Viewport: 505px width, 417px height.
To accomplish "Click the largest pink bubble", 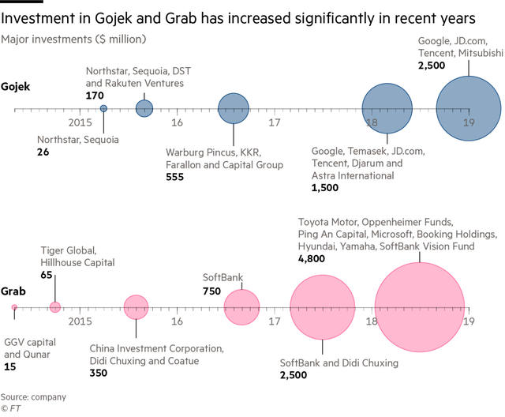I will point(419,307).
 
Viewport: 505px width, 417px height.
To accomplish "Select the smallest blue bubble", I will point(103,107).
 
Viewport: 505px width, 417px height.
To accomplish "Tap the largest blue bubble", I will point(469,108).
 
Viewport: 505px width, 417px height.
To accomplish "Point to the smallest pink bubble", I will point(14,307).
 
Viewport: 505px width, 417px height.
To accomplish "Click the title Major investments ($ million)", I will point(74,39).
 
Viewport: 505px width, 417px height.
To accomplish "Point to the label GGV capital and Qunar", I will point(28,348).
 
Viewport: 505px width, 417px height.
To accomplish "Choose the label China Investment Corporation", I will point(156,348).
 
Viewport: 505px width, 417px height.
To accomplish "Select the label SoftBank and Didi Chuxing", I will point(339,363).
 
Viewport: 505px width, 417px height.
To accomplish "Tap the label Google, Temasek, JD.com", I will point(368,150).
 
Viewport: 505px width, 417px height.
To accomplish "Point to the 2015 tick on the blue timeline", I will point(80,122).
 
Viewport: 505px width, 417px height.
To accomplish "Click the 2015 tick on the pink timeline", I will point(80,321).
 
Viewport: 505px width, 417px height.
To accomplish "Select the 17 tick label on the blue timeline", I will point(274,122).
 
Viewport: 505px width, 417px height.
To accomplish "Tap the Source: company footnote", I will point(34,396).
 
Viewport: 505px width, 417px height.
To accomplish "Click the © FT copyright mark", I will point(10,409).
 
